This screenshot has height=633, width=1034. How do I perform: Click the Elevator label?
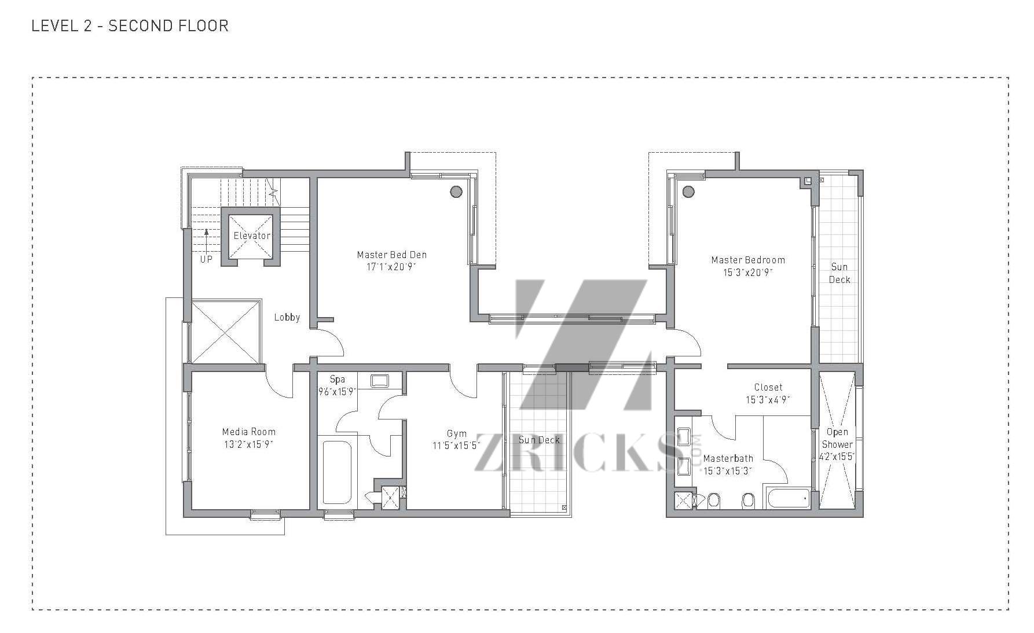click(252, 235)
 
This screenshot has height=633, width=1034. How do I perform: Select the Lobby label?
click(287, 317)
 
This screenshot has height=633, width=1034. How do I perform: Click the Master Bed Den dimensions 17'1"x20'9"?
click(391, 267)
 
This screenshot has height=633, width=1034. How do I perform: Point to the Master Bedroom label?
click(748, 260)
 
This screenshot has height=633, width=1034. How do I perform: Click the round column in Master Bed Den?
click(456, 192)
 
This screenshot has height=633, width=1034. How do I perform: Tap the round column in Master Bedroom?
click(688, 192)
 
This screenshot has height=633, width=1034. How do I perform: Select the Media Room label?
click(249, 432)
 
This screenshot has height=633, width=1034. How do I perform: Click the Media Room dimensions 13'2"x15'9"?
click(249, 444)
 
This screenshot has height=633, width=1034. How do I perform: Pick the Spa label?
click(337, 380)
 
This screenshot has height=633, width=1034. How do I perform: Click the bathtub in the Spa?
click(337, 473)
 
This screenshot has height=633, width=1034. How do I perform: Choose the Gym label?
click(457, 433)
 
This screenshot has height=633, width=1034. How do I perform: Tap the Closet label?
click(768, 387)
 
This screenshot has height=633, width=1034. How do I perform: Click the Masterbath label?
click(728, 458)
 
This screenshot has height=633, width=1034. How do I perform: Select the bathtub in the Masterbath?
click(789, 498)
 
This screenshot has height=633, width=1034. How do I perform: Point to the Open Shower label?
click(837, 438)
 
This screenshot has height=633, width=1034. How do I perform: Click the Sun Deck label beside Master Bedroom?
click(839, 273)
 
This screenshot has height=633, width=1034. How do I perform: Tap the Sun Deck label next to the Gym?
click(539, 440)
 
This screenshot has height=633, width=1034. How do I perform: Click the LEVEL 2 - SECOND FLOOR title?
click(130, 25)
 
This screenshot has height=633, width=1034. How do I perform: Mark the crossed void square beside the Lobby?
click(225, 332)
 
